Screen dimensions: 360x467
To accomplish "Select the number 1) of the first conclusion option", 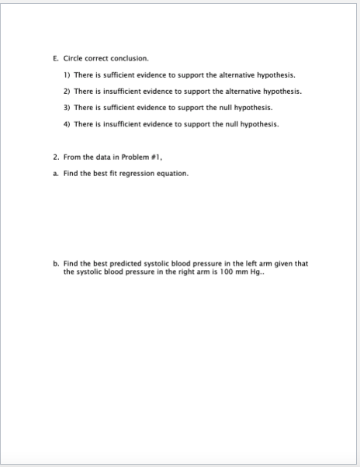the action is coord(66,75).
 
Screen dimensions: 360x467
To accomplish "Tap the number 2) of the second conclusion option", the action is coord(66,92).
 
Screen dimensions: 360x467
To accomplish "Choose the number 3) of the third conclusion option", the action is coord(66,107).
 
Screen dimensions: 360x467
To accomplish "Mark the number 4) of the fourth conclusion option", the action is coord(66,123).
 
